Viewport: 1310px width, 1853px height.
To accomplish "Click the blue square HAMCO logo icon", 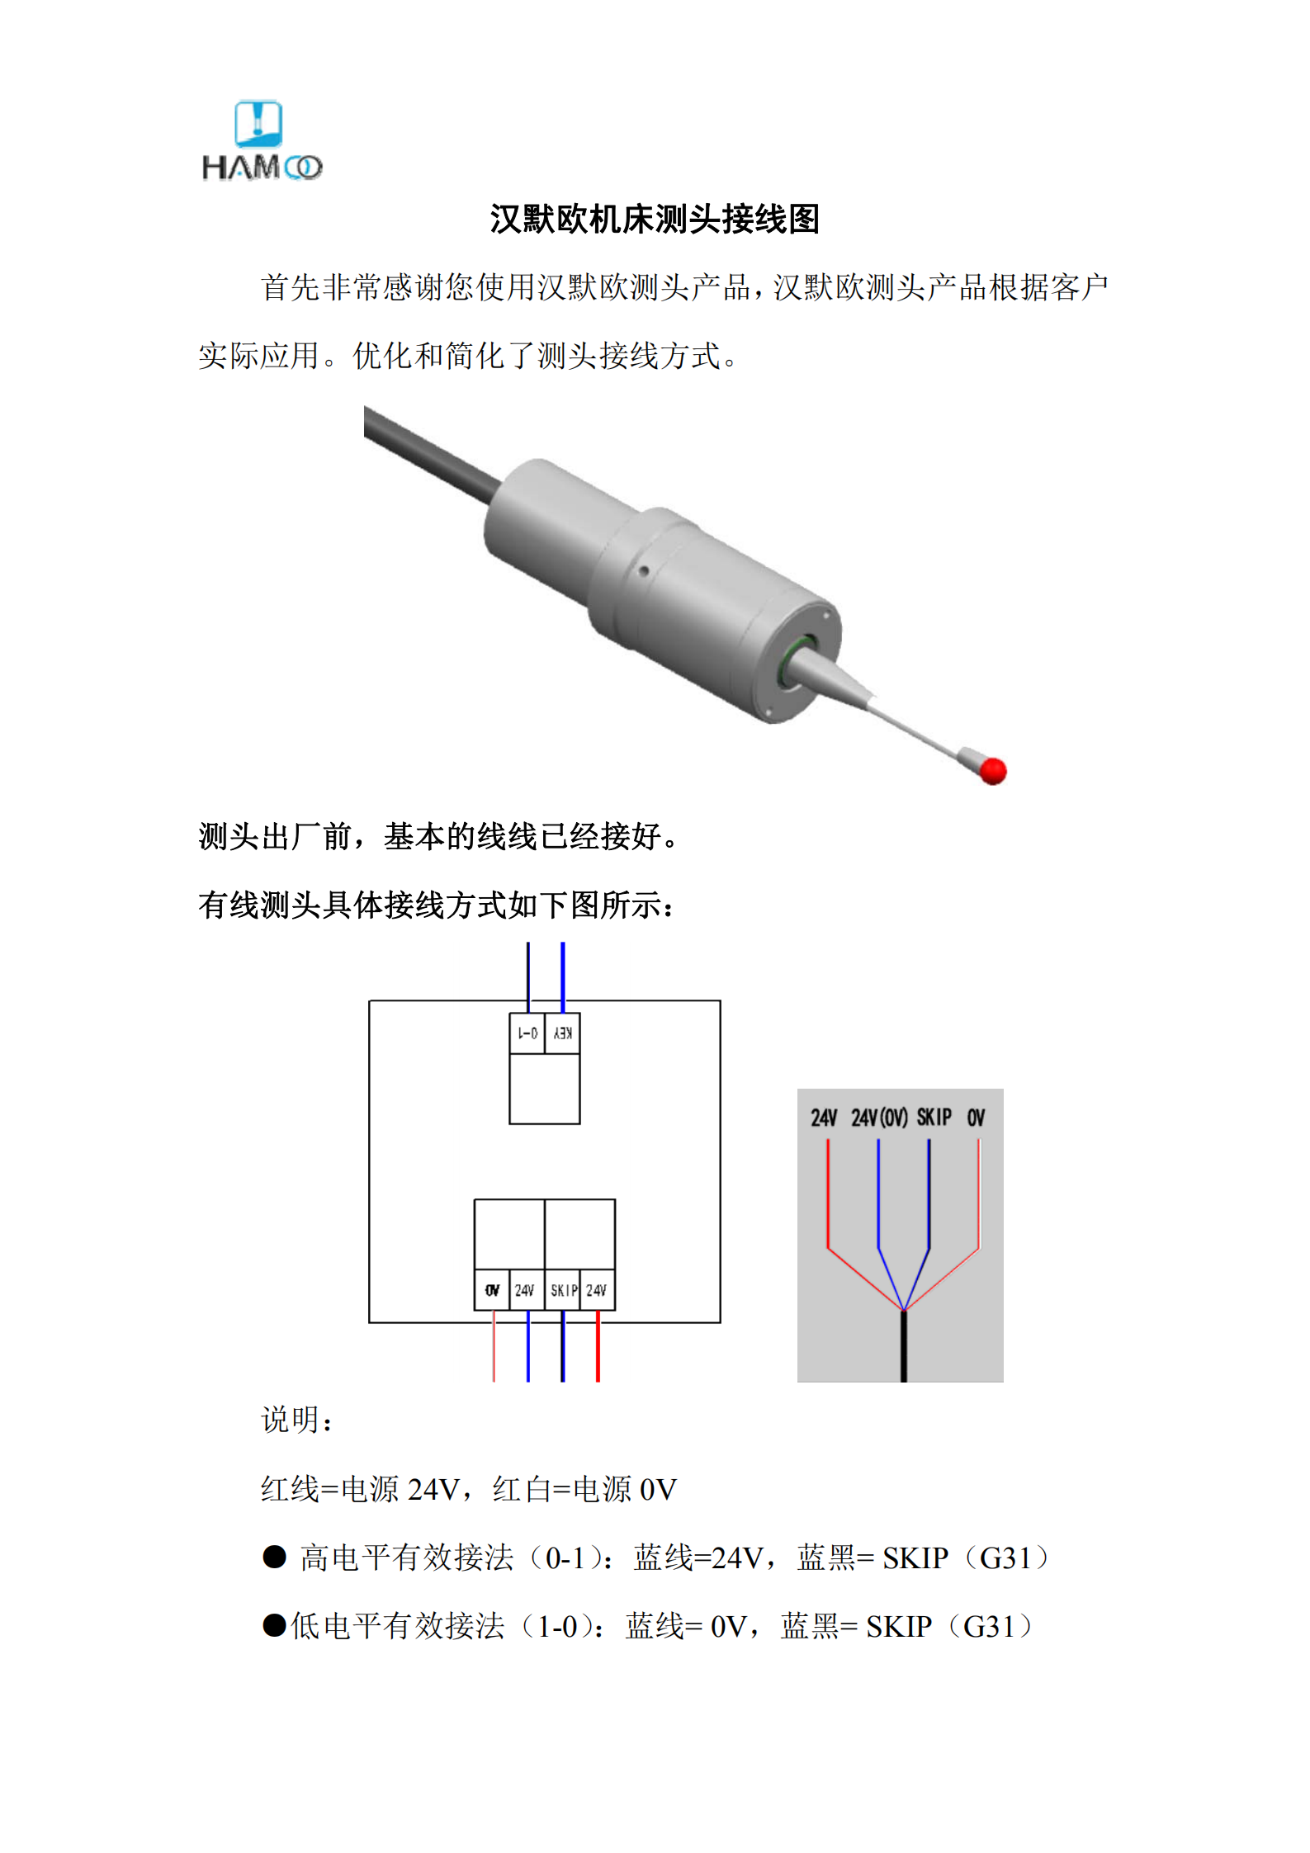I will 258,124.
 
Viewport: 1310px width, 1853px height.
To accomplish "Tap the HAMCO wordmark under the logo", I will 262,168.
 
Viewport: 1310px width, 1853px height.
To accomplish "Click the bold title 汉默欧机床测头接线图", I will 655,220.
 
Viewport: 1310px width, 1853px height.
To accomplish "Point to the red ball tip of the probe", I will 993,771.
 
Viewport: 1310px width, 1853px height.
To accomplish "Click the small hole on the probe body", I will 642,570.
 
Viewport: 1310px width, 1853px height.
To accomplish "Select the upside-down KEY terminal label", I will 563,1033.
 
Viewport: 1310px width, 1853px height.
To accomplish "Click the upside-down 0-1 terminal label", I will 527,1033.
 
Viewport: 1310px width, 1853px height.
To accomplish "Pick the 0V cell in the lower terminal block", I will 492,1290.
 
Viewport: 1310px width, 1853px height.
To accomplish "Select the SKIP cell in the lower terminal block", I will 563,1290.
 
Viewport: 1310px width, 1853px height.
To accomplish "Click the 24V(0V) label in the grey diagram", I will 879,1118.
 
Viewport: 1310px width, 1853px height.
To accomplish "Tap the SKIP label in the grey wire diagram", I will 934,1118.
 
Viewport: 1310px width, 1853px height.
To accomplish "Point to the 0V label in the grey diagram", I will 976,1118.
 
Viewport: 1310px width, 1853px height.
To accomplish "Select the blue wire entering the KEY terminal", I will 563,974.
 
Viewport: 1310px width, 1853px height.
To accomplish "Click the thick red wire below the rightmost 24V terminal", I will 598,1347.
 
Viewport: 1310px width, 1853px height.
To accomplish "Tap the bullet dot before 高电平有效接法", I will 274,1557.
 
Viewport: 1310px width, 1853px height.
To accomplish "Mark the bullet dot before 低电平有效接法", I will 274,1625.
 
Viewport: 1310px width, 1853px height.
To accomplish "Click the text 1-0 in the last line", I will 557,1627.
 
